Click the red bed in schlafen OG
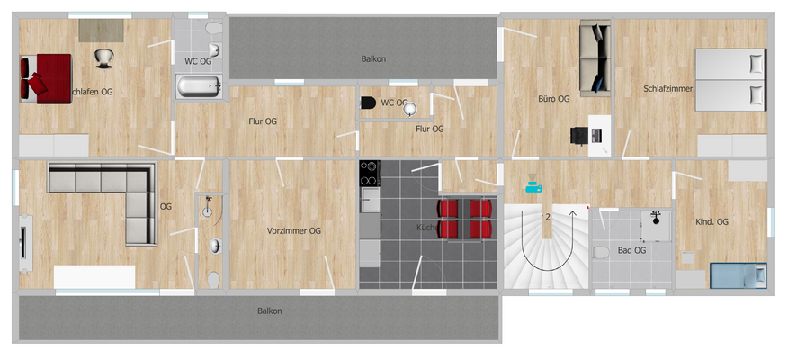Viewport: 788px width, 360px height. [x=45, y=77]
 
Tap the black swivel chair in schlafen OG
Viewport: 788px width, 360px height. [x=104, y=58]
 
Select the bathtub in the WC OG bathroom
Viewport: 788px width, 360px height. [x=197, y=87]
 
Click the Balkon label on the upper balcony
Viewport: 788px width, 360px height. [x=373, y=59]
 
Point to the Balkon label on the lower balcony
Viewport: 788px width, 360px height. [x=269, y=311]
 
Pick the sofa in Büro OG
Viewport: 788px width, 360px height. [x=594, y=59]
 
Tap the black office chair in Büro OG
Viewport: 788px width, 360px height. [x=579, y=136]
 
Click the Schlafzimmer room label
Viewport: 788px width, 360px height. [x=667, y=88]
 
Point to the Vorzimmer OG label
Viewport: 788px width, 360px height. [x=294, y=231]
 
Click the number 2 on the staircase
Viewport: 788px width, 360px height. [x=547, y=218]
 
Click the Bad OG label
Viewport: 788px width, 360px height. [x=631, y=250]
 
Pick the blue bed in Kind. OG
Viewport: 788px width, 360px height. [x=738, y=275]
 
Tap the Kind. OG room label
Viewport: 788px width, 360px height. [x=712, y=222]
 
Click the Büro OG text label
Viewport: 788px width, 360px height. [x=553, y=99]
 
